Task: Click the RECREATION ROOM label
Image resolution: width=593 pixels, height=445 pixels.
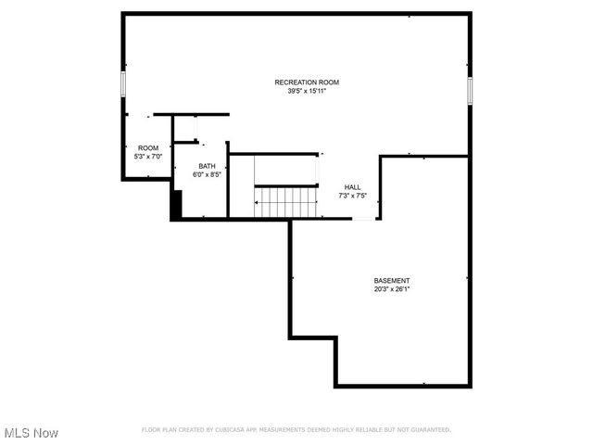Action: tap(300, 83)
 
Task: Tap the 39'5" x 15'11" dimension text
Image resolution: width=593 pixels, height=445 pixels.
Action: tap(300, 91)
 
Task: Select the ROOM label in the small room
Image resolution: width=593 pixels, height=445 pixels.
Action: tap(148, 148)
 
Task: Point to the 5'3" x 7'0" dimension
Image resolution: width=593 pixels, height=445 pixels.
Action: tap(148, 157)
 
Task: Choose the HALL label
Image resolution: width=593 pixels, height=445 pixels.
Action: tap(353, 186)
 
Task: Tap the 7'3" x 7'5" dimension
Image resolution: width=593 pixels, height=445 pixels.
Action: tap(353, 195)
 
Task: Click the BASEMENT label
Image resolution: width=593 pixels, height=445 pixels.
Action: tap(392, 280)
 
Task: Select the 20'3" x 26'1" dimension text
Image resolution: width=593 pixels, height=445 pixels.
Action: tap(392, 288)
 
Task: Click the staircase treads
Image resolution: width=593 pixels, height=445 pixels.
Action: tap(274, 202)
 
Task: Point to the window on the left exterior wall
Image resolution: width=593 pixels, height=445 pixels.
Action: tap(123, 84)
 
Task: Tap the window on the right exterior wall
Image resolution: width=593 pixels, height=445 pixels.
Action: tap(470, 90)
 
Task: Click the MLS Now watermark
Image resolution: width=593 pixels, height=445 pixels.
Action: tap(32, 433)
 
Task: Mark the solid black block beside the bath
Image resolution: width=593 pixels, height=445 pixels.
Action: tap(175, 204)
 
